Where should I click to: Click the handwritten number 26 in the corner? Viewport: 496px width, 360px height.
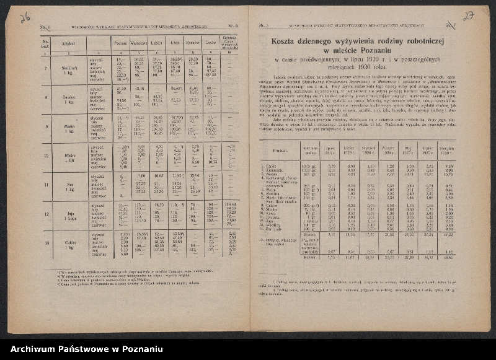(25, 18)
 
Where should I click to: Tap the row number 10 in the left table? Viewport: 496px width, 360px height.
(45, 157)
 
